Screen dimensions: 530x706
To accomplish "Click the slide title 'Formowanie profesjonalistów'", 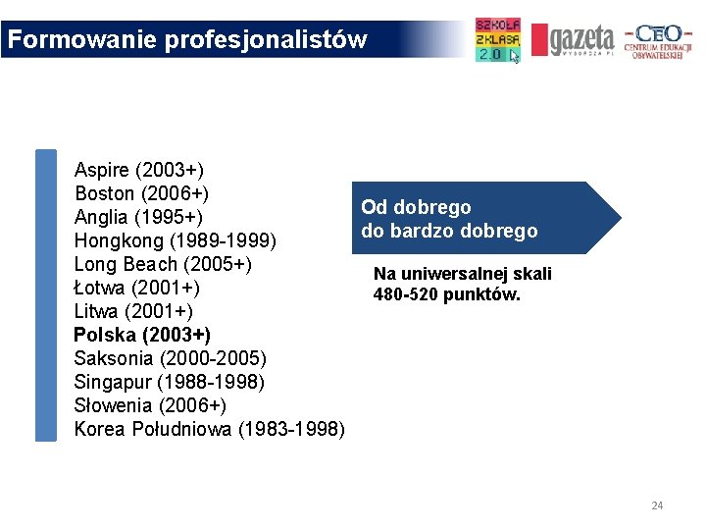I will pyautogui.click(x=186, y=40).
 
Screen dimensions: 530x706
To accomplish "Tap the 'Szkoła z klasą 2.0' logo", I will pyautogui.click(x=498, y=40).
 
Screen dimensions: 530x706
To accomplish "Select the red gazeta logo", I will pyautogui.click(x=573, y=40).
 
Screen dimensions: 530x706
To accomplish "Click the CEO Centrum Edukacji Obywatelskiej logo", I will pyautogui.click(x=659, y=40).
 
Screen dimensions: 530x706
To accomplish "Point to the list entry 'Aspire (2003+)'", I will pyautogui.click(x=139, y=169).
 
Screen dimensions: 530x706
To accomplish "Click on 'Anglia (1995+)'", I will pyautogui.click(x=138, y=217).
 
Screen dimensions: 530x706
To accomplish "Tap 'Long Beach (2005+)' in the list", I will pyautogui.click(x=163, y=264).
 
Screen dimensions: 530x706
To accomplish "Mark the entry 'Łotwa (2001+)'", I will pyautogui.click(x=137, y=288).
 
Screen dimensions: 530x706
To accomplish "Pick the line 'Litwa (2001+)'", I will pyautogui.click(x=133, y=311).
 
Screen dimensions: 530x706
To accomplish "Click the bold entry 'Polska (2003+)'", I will pyautogui.click(x=142, y=335).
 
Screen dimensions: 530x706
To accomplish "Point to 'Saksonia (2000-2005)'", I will pyautogui.click(x=170, y=358).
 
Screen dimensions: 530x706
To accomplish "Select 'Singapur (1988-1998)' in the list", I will pyautogui.click(x=169, y=382).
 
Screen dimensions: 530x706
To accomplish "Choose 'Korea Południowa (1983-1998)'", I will pyautogui.click(x=209, y=429).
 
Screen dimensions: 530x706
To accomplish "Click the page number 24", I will pyautogui.click(x=657, y=505).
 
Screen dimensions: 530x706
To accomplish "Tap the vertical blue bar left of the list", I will pyautogui.click(x=46, y=295).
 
